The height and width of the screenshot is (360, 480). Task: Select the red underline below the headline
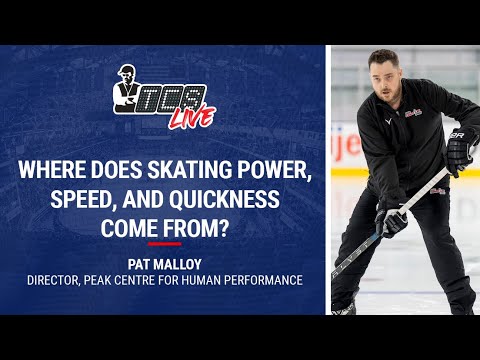(x=164, y=242)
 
